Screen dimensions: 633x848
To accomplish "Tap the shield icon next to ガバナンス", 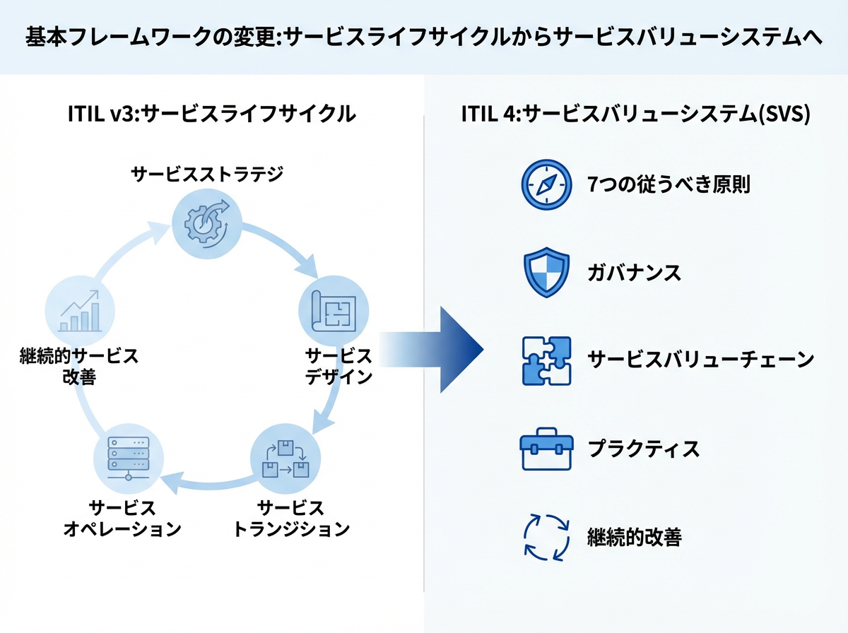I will point(546,273).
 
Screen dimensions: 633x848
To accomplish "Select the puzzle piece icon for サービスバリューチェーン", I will point(546,360).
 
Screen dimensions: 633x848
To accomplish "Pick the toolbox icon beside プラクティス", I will point(546,449).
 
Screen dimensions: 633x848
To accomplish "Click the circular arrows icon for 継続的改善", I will point(546,537).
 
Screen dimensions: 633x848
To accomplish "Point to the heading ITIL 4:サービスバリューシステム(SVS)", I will point(635,114).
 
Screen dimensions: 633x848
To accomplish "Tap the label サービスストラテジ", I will point(207,173).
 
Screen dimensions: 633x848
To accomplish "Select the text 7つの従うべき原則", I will point(669,186).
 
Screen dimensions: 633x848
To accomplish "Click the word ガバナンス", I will point(634,273).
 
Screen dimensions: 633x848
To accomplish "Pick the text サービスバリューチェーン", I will point(700,360).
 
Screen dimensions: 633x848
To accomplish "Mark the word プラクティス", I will point(643,449).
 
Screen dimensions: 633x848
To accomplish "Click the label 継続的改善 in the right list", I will point(634,537).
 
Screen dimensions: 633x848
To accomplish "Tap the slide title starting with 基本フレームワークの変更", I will point(424,37).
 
